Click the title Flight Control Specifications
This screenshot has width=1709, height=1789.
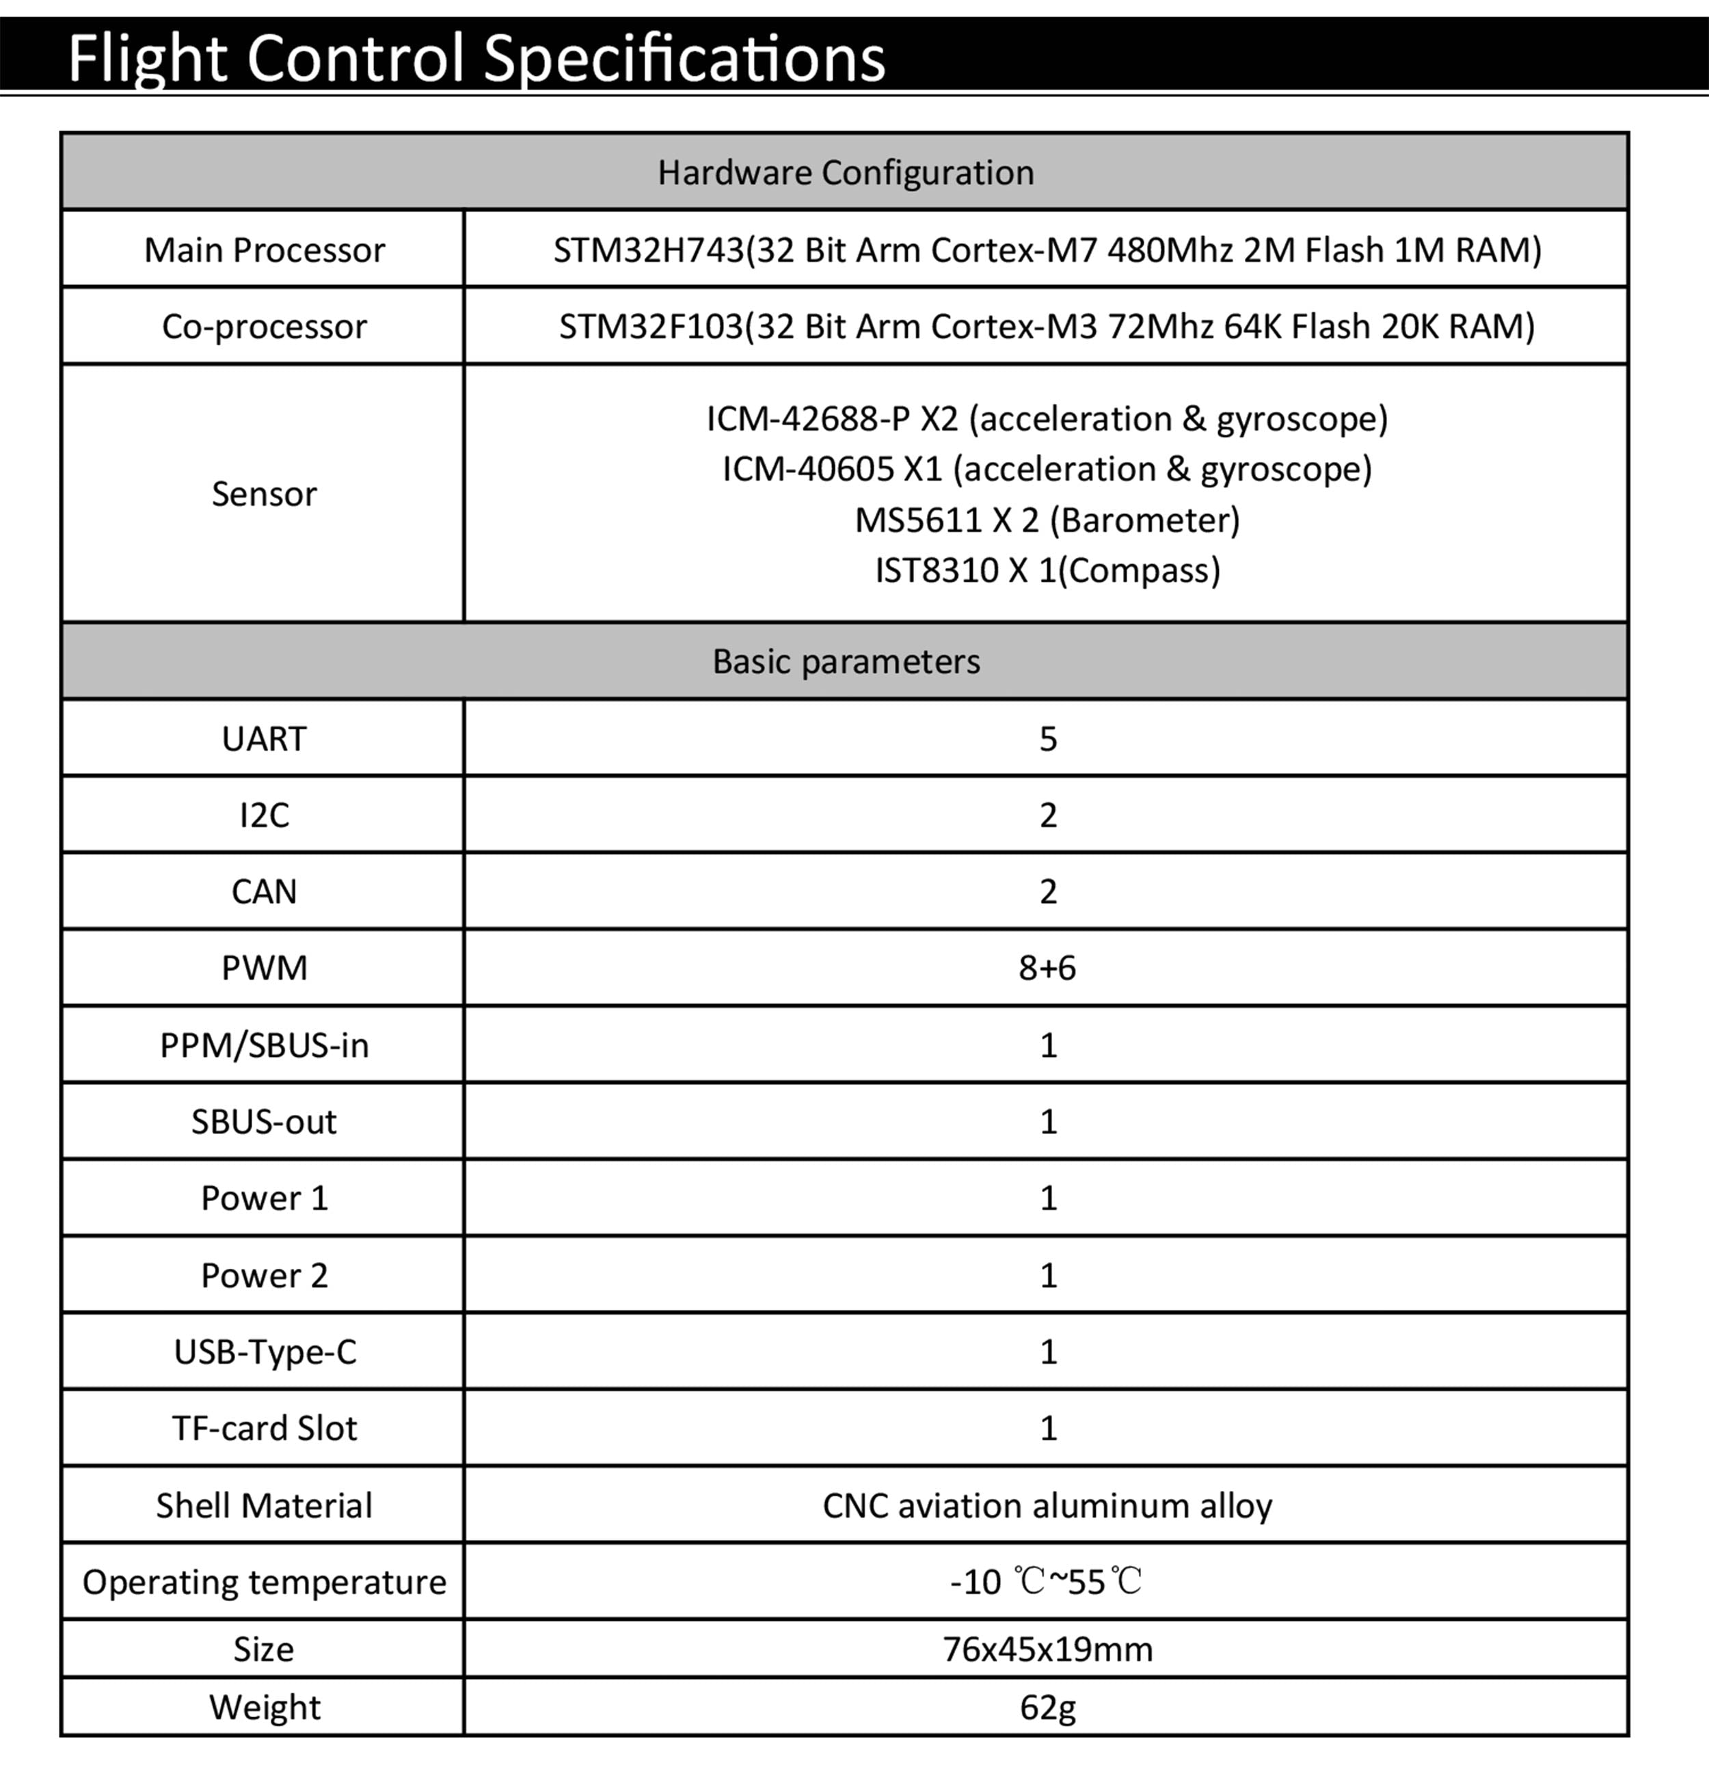[476, 58]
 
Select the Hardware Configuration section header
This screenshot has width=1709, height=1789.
[846, 172]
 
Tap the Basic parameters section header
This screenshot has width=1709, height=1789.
[846, 661]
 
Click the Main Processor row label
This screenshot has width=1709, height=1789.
[264, 250]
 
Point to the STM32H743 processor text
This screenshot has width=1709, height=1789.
[1047, 250]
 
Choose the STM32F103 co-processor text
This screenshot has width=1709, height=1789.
[1047, 326]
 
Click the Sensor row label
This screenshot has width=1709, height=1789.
[264, 494]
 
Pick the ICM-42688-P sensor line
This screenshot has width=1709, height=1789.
[1047, 418]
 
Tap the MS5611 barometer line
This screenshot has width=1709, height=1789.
[1047, 520]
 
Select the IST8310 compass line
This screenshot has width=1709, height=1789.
[1047, 570]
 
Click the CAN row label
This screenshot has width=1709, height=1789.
[264, 891]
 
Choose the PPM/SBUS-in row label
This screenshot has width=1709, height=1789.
[264, 1045]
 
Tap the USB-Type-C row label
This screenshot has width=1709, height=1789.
[264, 1351]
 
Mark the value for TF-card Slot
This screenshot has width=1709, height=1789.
[1048, 1428]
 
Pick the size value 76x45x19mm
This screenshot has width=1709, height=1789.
[1047, 1650]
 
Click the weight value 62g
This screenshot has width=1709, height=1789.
[1047, 1707]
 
